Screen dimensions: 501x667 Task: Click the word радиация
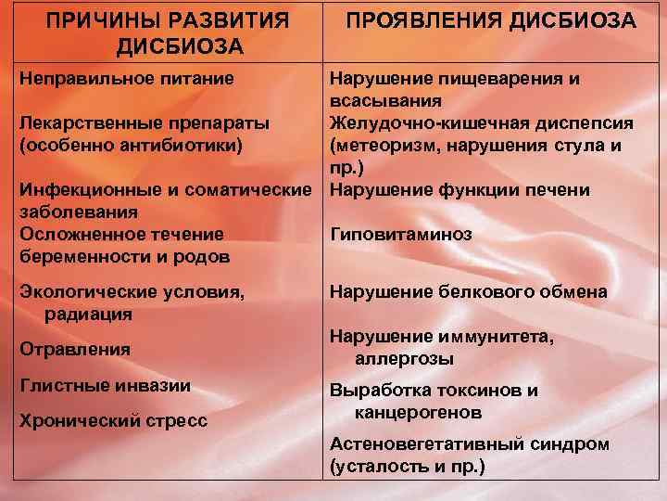click(x=88, y=314)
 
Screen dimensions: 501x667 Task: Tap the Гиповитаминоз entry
click(x=400, y=235)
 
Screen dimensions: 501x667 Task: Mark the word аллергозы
click(x=403, y=358)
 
